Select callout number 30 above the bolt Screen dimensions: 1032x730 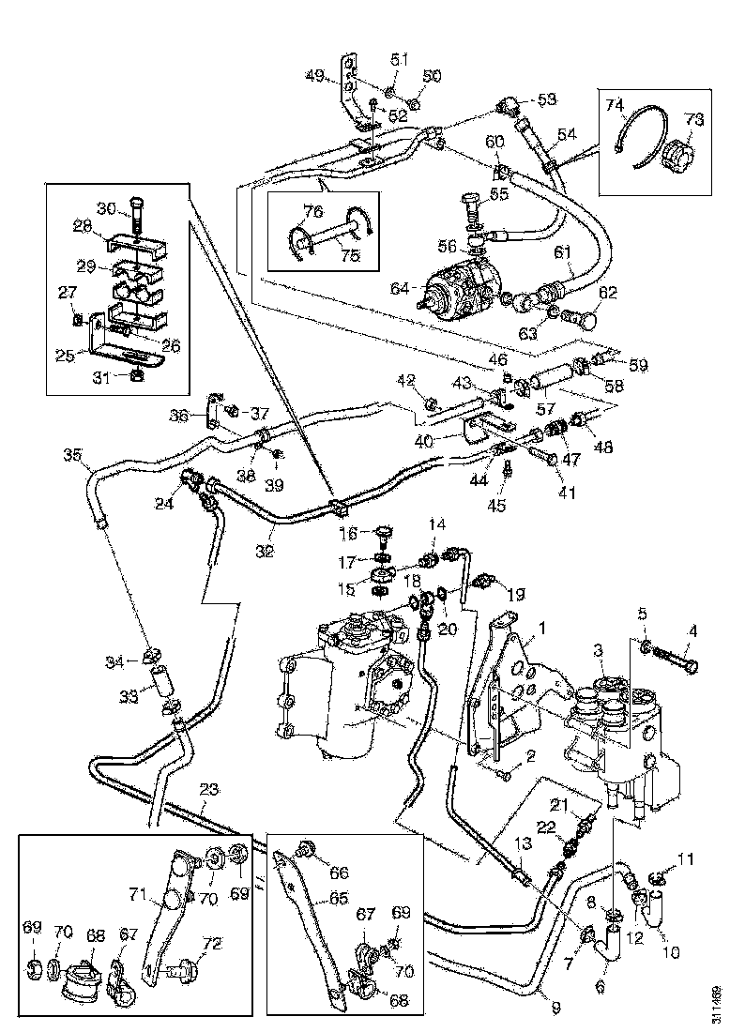[x=107, y=207]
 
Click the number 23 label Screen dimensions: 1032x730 [x=207, y=790]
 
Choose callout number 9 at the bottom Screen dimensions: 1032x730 [x=555, y=1008]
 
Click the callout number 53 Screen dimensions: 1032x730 [x=545, y=99]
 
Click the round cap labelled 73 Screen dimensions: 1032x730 [x=674, y=149]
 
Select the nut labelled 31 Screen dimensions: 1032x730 [x=135, y=377]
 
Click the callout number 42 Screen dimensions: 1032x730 [x=404, y=381]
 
